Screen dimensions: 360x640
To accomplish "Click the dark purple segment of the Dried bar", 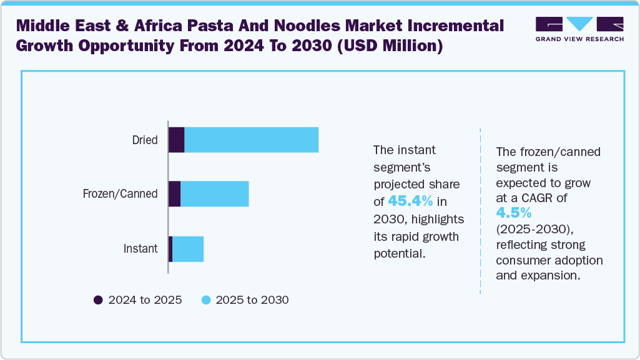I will pyautogui.click(x=177, y=140).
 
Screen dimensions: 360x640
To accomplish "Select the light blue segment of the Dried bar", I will pyautogui.click(x=251, y=140).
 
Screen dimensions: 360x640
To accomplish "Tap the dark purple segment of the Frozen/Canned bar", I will pyautogui.click(x=175, y=194).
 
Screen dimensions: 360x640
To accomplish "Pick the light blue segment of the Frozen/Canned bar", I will pyautogui.click(x=214, y=194).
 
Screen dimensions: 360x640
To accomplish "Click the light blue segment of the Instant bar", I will pyautogui.click(x=188, y=249).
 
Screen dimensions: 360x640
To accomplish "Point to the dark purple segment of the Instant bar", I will pyautogui.click(x=170, y=249).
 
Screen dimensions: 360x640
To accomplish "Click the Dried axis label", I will pyautogui.click(x=145, y=140).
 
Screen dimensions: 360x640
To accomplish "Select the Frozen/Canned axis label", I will pyautogui.click(x=120, y=194).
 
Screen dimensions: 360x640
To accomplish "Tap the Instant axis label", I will pyautogui.click(x=140, y=249).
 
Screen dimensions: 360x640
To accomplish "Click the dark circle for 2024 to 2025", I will pyautogui.click(x=98, y=300).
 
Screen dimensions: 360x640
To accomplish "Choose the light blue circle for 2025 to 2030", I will pyautogui.click(x=205, y=300).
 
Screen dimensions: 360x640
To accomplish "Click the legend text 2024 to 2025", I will pyautogui.click(x=145, y=300).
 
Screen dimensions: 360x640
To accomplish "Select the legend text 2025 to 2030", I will pyautogui.click(x=252, y=300).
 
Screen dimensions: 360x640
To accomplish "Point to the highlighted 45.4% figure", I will pyautogui.click(x=410, y=201).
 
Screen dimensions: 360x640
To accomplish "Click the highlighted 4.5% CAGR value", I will pyautogui.click(x=513, y=214).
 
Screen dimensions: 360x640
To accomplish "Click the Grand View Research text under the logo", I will pyautogui.click(x=579, y=39).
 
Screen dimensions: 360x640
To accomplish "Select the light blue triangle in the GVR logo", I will pyautogui.click(x=579, y=24).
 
